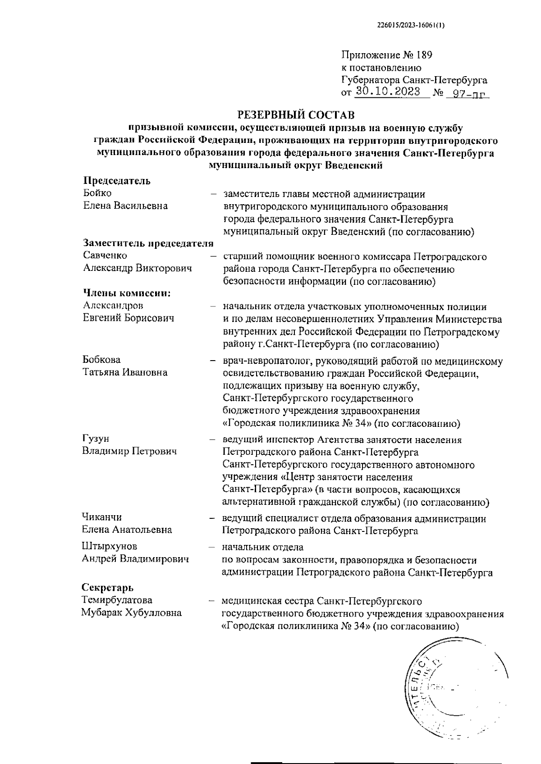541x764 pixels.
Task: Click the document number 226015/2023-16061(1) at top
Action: (411, 26)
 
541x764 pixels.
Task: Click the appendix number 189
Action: (424, 55)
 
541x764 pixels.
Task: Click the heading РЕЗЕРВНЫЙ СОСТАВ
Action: (296, 115)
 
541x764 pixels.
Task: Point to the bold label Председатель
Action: (116, 181)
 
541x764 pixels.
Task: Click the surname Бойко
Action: (97, 193)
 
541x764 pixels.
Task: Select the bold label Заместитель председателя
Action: (148, 244)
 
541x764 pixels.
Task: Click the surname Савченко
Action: (105, 256)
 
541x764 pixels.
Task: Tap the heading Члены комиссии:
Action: (127, 293)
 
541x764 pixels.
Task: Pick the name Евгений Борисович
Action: (128, 318)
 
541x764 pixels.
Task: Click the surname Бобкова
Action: (101, 360)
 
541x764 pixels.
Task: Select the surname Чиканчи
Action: (102, 517)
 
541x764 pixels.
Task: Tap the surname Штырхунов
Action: (110, 546)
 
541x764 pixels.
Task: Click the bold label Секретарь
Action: (107, 587)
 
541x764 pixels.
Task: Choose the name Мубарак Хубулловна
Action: (131, 613)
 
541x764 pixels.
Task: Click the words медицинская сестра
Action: (268, 601)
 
